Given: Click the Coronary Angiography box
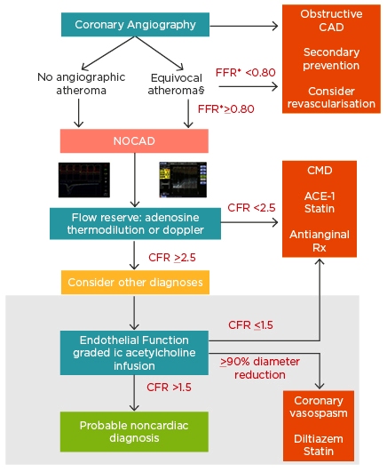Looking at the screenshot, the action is click(135, 24).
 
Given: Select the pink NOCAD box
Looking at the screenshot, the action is click(134, 140).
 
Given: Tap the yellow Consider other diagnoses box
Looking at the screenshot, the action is click(135, 282).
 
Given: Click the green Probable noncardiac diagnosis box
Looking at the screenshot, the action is click(134, 432).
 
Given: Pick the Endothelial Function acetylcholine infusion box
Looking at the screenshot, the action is click(134, 353).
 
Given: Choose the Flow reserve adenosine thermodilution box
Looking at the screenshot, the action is click(135, 224).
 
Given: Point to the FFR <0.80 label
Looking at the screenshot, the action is click(246, 73).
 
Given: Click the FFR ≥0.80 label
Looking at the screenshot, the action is click(226, 109).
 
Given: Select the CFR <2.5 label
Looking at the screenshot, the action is click(251, 207).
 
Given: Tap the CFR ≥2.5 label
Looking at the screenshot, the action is click(172, 258).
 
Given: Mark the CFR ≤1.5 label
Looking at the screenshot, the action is click(251, 325).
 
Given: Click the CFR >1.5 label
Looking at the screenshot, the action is click(169, 388).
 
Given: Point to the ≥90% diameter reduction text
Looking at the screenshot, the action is click(260, 368).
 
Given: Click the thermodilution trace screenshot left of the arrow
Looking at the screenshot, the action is click(84, 180).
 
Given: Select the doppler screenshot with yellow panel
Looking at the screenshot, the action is click(183, 180).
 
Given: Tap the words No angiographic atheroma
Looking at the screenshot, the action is click(81, 84).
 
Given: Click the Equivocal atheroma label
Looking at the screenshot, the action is click(177, 84).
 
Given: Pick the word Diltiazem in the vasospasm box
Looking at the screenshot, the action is click(319, 438).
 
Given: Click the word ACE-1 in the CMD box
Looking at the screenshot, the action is click(320, 196).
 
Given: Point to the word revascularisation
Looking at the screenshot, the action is click(331, 103).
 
